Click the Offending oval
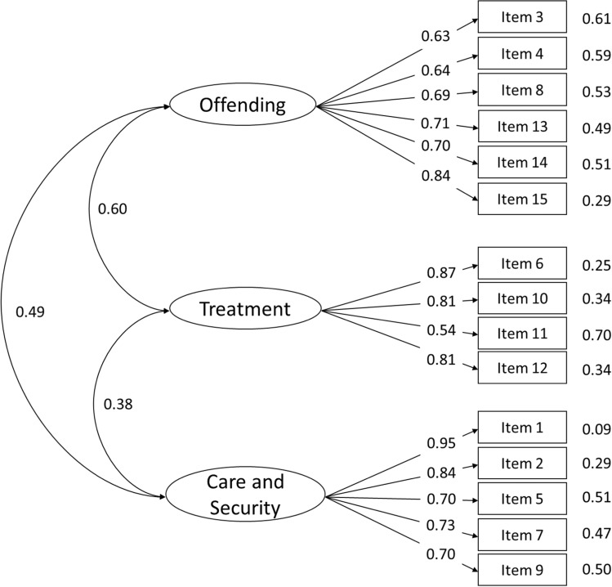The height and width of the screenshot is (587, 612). (x=243, y=105)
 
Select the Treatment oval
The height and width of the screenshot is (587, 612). (x=245, y=309)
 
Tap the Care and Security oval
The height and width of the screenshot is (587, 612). (x=245, y=495)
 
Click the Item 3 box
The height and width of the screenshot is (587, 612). (x=522, y=17)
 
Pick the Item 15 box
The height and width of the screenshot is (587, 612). (x=522, y=199)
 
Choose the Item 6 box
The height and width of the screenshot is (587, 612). (x=522, y=263)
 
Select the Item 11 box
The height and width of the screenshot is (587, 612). (x=522, y=333)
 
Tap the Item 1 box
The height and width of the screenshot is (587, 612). (x=522, y=428)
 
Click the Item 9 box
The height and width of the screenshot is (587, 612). (x=522, y=570)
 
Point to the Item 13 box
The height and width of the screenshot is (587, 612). (x=522, y=126)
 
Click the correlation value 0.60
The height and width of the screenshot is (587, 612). (x=113, y=208)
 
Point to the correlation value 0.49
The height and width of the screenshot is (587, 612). (x=30, y=311)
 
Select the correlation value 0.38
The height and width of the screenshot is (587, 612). (x=118, y=404)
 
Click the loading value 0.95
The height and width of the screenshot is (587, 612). (x=441, y=443)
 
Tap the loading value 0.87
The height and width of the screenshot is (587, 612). (x=441, y=272)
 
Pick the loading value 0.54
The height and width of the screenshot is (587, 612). (x=441, y=330)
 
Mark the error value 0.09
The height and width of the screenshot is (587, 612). (x=596, y=429)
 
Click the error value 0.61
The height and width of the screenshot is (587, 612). (x=596, y=19)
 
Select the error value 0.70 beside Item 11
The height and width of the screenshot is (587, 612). (x=596, y=334)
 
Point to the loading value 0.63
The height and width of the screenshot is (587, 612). (x=436, y=36)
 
